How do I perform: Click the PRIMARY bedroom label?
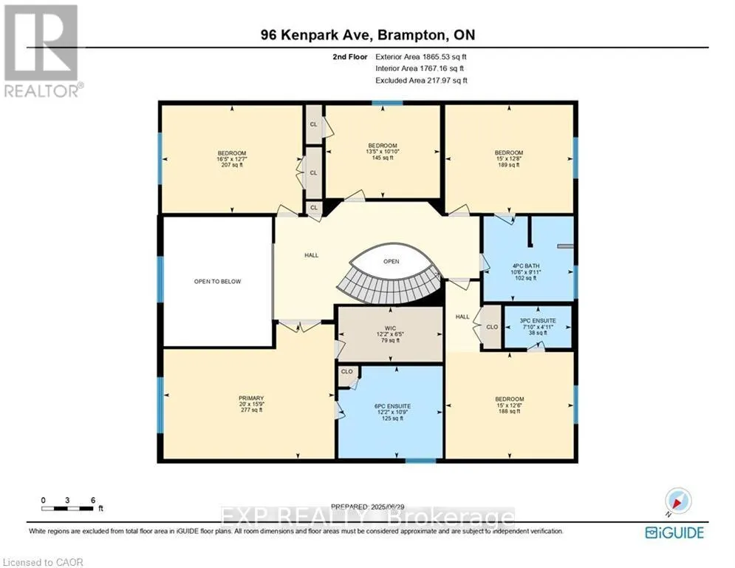(246, 405)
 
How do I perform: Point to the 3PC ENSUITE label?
(537, 326)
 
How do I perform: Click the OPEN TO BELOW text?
(217, 281)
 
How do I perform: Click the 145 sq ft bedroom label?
(383, 152)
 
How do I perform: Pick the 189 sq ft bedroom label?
(508, 159)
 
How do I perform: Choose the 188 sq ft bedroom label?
(509, 405)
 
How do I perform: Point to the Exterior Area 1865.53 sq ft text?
(422, 55)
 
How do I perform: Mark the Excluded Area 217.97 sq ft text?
(422, 80)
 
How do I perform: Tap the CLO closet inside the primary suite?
(346, 374)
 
